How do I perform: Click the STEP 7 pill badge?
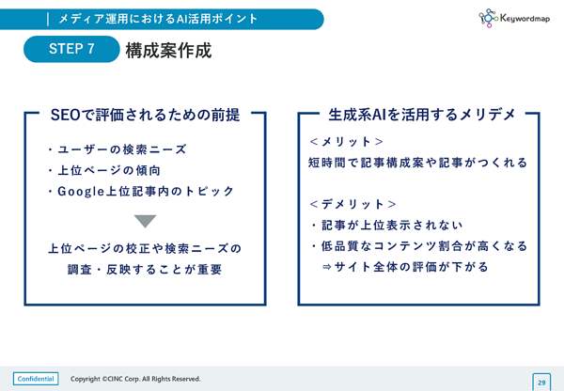click(71, 49)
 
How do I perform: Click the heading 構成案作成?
click(168, 51)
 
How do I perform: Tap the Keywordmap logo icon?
click(488, 18)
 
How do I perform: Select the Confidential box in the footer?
click(36, 379)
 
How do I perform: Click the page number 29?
click(541, 383)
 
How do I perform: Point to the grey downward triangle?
click(145, 221)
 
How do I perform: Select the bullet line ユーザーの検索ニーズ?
click(117, 149)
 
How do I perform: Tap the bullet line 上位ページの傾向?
click(104, 170)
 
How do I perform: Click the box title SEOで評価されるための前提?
click(145, 115)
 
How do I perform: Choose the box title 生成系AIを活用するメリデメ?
click(422, 115)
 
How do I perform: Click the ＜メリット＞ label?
click(346, 142)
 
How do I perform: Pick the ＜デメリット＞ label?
click(352, 204)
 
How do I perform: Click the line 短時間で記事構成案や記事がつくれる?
click(417, 163)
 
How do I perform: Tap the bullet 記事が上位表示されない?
click(387, 226)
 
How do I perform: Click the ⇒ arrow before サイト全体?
click(326, 267)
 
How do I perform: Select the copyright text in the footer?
click(135, 379)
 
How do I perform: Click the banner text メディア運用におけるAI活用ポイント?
click(158, 19)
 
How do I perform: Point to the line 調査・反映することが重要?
click(145, 270)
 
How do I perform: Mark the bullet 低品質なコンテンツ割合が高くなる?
click(420, 246)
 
